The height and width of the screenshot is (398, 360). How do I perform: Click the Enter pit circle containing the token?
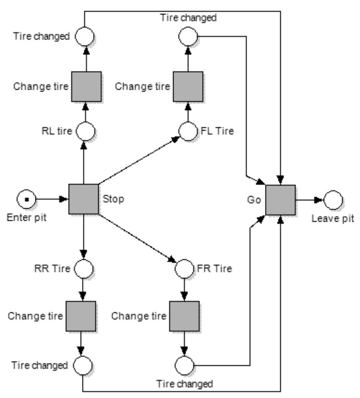(x=26, y=199)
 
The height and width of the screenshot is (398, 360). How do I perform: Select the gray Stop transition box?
(x=84, y=199)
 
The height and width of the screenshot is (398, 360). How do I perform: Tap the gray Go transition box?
(x=280, y=200)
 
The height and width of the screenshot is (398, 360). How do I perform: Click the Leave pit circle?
(x=333, y=200)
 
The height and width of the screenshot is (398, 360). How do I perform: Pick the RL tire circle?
(x=86, y=131)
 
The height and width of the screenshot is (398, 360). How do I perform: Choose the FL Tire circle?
(x=188, y=131)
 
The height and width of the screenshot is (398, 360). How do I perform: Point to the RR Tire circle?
(x=84, y=269)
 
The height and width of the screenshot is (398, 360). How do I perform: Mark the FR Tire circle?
(x=184, y=269)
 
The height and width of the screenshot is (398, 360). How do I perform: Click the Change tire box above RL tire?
(x=87, y=87)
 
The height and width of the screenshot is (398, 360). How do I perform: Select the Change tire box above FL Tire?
(x=188, y=87)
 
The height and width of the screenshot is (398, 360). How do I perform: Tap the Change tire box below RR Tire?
(x=81, y=316)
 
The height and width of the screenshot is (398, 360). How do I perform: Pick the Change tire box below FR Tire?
(x=184, y=316)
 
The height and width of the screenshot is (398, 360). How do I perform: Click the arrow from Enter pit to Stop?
(x=52, y=199)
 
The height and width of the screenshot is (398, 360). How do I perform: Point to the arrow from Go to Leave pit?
(x=309, y=200)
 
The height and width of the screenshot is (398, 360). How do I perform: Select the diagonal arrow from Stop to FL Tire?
(x=139, y=160)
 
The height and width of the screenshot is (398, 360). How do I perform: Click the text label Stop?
(x=113, y=199)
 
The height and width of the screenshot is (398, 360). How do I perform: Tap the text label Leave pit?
(x=333, y=219)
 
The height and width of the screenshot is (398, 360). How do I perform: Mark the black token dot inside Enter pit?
(x=26, y=199)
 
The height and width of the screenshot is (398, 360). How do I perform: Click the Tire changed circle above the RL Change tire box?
(x=84, y=36)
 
